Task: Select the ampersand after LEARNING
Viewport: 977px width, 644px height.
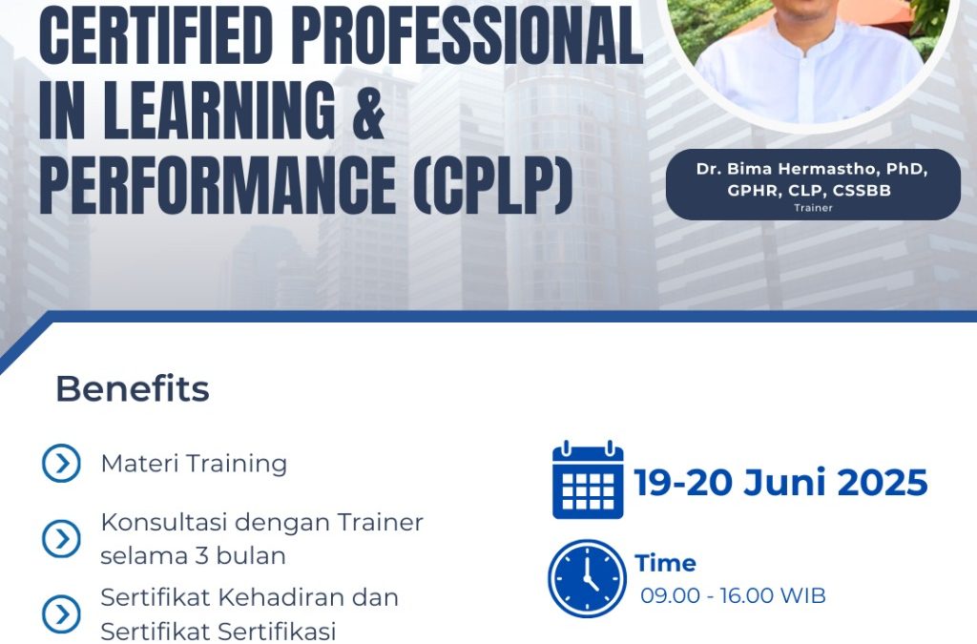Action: [368, 110]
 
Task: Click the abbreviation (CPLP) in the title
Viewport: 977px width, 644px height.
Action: [493, 184]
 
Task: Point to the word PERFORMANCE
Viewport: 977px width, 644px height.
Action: [218, 184]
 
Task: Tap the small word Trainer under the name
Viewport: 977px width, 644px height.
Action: [813, 208]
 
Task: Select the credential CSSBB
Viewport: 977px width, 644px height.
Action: [862, 191]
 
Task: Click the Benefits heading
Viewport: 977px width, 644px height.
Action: [132, 388]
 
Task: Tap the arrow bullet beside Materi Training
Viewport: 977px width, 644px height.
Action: [61, 464]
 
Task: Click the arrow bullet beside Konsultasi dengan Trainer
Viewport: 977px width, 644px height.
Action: [61, 538]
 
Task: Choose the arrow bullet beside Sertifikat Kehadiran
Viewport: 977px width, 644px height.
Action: [61, 614]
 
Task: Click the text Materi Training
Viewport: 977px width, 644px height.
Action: [194, 464]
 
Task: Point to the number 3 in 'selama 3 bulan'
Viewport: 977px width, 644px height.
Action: [201, 555]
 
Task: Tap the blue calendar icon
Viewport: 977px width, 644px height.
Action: [588, 480]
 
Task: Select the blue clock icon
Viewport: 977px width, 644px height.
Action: [587, 578]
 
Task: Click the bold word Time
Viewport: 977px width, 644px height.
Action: [665, 563]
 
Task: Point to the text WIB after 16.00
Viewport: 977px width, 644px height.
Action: [802, 596]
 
